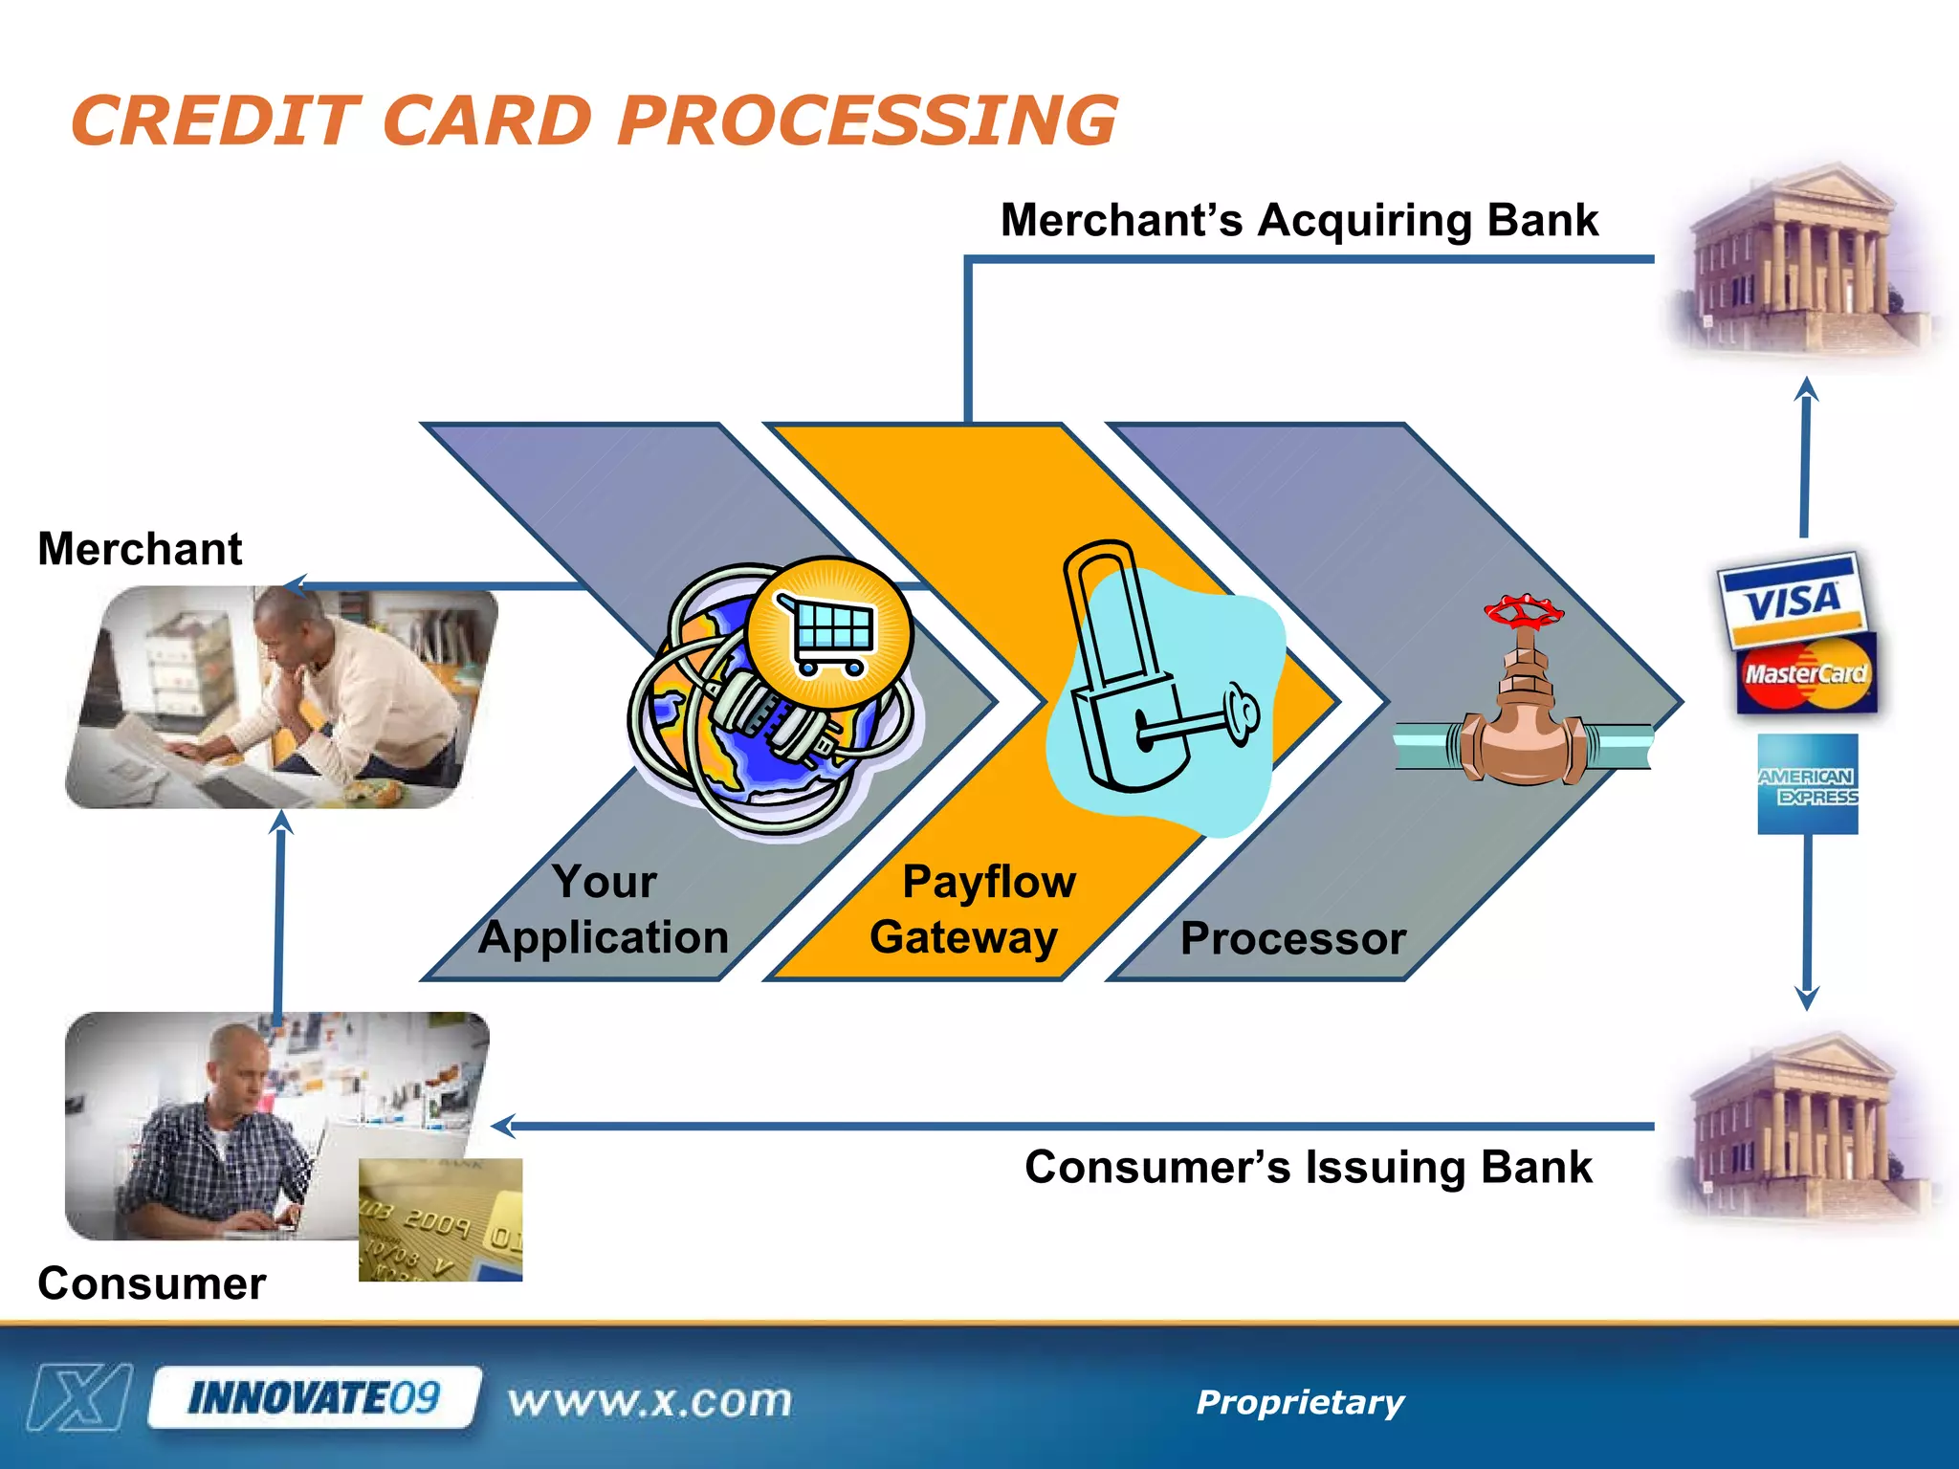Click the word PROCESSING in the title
pos(867,121)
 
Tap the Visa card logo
pos(1791,601)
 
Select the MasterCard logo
pos(1806,674)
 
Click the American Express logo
pos(1807,784)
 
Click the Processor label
pos(1292,938)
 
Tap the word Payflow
pos(989,881)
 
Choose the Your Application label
pos(604,909)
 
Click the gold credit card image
pos(440,1219)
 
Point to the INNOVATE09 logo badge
pos(314,1398)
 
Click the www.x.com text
pos(649,1401)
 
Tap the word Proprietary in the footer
pos(1299,1402)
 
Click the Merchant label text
pos(140,549)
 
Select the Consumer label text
pos(151,1283)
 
